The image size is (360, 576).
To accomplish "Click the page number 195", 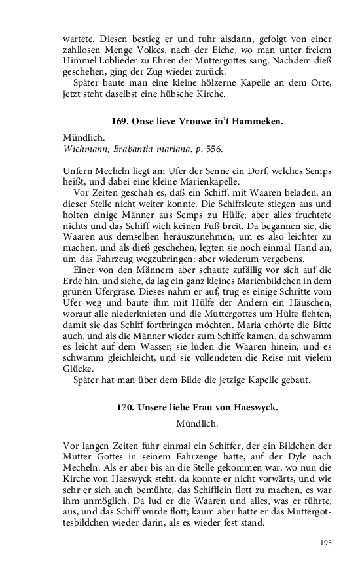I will click(325, 543).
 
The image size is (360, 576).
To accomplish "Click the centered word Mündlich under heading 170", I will click(197, 423).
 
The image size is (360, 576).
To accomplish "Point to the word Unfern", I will click(79, 171).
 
